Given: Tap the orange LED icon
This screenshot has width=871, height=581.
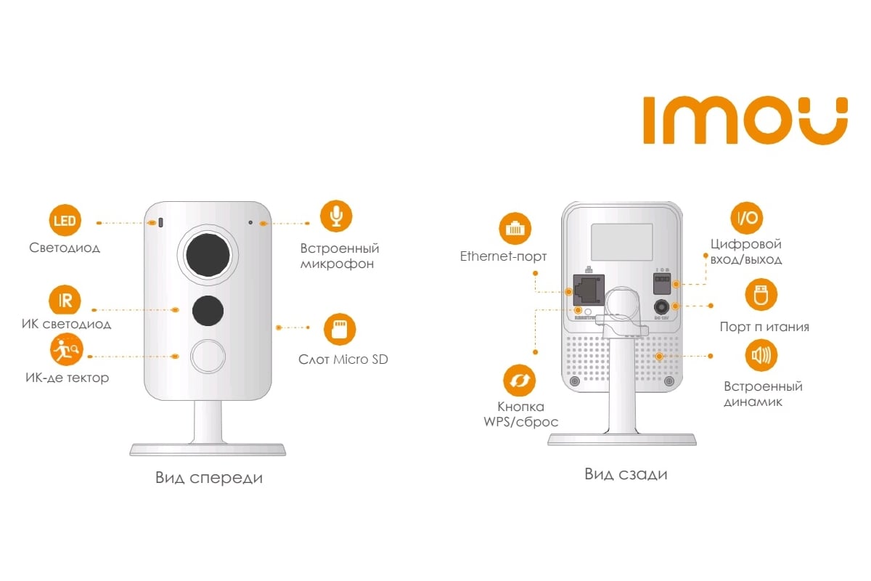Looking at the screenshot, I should tap(65, 220).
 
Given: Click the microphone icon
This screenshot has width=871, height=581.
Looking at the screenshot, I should tap(336, 216).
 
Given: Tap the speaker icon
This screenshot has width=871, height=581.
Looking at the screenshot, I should tap(761, 356).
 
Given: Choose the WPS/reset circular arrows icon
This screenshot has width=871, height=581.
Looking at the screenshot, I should tap(520, 380).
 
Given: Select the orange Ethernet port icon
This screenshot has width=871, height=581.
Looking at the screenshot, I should tap(515, 229).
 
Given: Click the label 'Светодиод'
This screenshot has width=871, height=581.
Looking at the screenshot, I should tap(65, 248).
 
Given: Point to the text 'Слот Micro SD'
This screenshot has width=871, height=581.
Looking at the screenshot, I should tap(343, 359).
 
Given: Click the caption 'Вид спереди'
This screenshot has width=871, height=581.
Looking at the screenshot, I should tap(208, 478).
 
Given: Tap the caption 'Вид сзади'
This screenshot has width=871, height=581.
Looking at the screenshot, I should tap(626, 474).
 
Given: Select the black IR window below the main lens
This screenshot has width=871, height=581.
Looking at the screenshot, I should tap(208, 309).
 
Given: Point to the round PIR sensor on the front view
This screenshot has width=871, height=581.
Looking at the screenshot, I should tap(208, 356).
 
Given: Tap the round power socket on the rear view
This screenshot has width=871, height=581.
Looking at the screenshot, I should tap(661, 306).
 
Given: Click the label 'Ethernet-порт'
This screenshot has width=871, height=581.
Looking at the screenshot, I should tap(503, 256).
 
